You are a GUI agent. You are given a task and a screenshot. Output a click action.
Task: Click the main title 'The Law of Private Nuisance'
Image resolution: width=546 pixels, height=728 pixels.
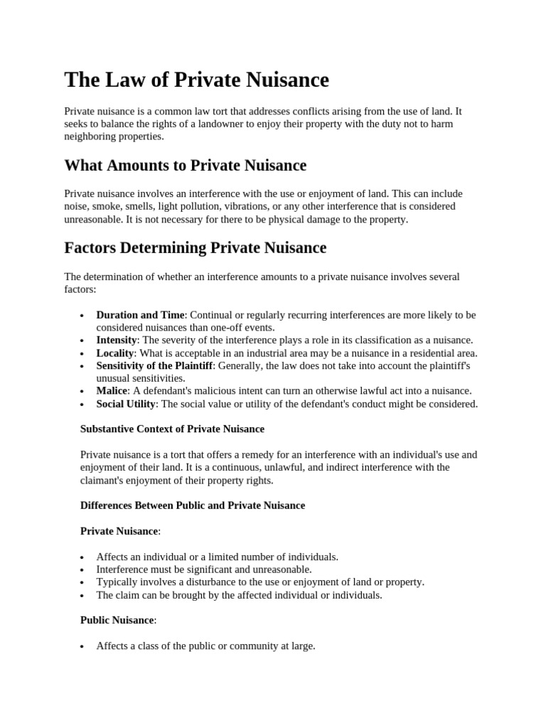(196, 80)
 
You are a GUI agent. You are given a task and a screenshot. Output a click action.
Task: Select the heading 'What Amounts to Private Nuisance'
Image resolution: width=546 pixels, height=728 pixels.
(185, 166)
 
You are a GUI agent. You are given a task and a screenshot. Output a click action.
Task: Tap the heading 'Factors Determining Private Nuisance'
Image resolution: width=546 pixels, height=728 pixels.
(195, 248)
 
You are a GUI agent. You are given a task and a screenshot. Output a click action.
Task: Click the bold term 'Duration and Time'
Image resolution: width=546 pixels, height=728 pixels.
(140, 315)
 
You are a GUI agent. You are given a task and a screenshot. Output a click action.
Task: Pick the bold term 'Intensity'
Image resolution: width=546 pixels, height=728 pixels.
(117, 341)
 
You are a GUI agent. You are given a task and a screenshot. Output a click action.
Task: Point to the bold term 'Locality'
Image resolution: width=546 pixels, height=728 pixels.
(115, 353)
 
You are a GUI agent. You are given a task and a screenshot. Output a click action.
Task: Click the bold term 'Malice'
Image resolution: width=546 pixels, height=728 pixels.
(112, 391)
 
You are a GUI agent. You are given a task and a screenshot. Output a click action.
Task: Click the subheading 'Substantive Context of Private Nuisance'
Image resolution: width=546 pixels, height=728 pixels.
(172, 429)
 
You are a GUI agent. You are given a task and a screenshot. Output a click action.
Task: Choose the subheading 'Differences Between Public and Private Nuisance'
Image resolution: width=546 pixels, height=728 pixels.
(193, 505)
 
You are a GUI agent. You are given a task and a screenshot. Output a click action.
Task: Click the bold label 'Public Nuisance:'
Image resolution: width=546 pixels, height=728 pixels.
(118, 621)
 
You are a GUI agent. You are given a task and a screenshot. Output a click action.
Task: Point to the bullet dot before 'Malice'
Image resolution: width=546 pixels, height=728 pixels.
(83, 392)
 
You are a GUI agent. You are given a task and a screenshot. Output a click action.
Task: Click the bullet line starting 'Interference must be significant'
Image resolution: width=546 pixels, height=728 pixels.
(204, 569)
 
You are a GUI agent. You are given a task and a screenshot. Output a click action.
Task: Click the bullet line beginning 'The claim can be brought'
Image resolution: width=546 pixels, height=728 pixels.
(239, 595)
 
